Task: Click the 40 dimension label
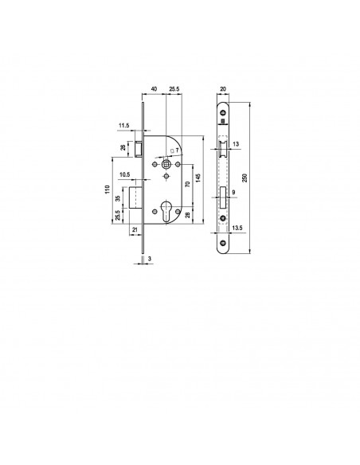tap(155, 88)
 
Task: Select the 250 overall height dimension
tap(245, 178)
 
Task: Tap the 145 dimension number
tap(198, 178)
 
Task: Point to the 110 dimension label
tap(108, 190)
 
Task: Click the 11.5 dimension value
tap(124, 126)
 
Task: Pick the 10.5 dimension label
tap(124, 174)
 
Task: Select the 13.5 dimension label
tap(237, 228)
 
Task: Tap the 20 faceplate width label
tap(223, 88)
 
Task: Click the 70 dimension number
tap(187, 184)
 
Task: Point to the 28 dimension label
tap(187, 215)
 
